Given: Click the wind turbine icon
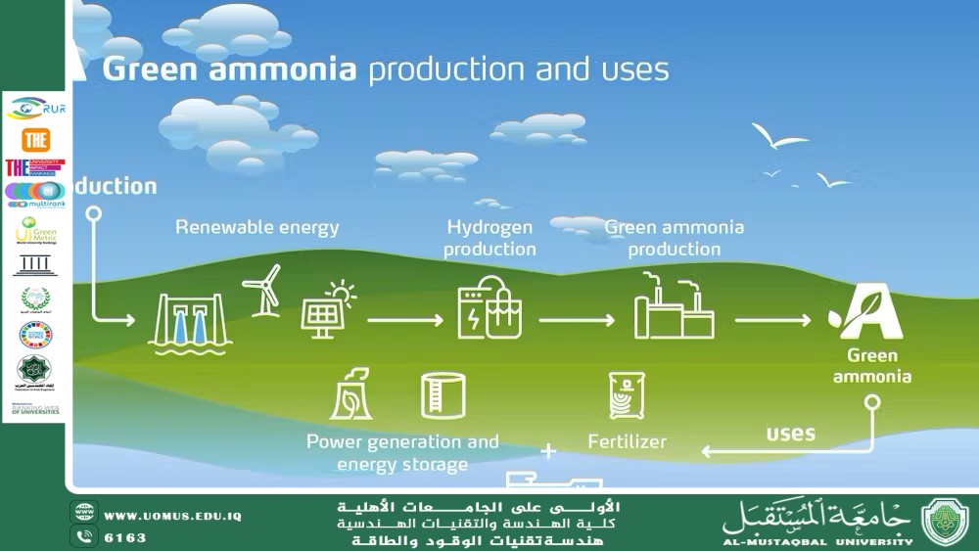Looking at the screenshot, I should click(261, 290).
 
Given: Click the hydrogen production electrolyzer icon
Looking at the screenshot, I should click(489, 306).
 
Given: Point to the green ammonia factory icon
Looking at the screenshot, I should click(675, 307).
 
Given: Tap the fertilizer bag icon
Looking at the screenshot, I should click(627, 395).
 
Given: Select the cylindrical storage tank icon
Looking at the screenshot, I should click(443, 394).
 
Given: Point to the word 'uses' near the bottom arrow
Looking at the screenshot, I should click(791, 433).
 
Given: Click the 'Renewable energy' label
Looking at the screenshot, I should click(256, 227).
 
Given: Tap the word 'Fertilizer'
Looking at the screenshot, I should click(627, 441).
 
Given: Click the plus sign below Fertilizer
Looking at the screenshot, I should click(549, 451).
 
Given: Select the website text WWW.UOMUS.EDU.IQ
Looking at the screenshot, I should click(172, 516).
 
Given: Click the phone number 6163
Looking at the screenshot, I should click(125, 537).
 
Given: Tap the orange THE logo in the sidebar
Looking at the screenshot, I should click(35, 139).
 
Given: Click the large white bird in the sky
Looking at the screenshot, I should click(778, 138).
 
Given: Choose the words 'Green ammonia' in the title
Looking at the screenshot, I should click(230, 70).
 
